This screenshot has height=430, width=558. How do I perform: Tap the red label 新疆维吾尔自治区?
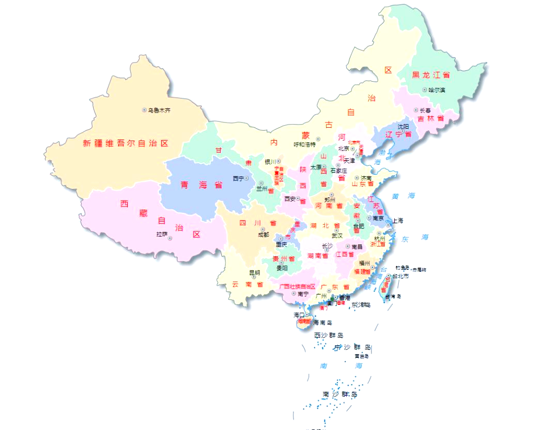[x=126, y=144]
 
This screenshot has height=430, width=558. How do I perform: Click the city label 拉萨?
[x=162, y=235]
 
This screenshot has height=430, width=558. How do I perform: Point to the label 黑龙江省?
[x=431, y=75]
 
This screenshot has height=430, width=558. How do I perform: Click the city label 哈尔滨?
[x=437, y=90]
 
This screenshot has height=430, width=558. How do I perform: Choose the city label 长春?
[x=425, y=110]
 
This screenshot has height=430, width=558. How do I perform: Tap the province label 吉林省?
[x=431, y=119]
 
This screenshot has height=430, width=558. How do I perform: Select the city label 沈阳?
[x=403, y=126]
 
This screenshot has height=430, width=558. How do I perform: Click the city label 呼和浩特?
[x=304, y=145]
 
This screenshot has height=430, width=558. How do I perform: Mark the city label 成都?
[x=263, y=235]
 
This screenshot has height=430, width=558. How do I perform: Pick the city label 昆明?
[x=255, y=272]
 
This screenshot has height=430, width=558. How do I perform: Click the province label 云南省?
[x=247, y=284]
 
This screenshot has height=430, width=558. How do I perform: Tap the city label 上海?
[x=397, y=220]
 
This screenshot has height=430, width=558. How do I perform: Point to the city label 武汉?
[x=337, y=235]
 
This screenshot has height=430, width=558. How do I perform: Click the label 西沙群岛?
[x=329, y=335]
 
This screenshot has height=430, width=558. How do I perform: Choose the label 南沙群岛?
[x=340, y=394]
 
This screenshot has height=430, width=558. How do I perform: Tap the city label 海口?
[x=300, y=315]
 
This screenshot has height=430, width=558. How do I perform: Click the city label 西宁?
[x=238, y=178]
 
